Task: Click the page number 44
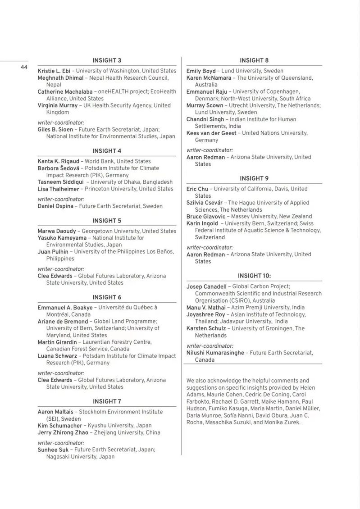(24, 67)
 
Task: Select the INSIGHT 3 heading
(107, 60)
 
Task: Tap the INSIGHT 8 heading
(254, 60)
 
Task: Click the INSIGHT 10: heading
(254, 276)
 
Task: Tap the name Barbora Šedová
(59, 168)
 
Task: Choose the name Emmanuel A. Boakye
(65, 308)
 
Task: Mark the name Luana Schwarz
(57, 356)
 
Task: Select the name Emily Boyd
(201, 71)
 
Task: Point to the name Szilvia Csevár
(205, 203)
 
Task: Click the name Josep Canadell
(207, 286)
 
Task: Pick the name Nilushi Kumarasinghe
(215, 353)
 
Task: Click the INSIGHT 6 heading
(107, 297)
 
